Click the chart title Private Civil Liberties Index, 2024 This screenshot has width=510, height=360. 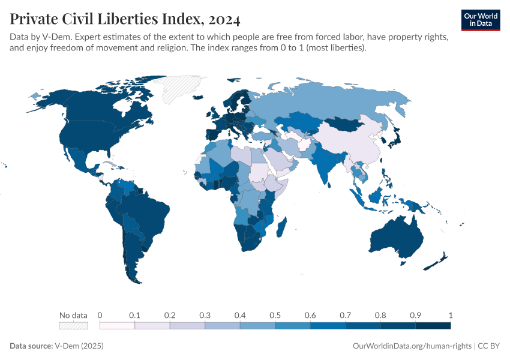125,20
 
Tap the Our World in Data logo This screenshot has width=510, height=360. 481,20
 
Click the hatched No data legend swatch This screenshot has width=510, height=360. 73,325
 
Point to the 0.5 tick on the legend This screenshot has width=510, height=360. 275,315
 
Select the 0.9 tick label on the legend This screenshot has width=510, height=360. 415,315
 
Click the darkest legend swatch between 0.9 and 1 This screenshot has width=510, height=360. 433,325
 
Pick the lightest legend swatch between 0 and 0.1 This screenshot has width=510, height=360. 117,325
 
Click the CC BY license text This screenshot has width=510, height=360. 489,346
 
